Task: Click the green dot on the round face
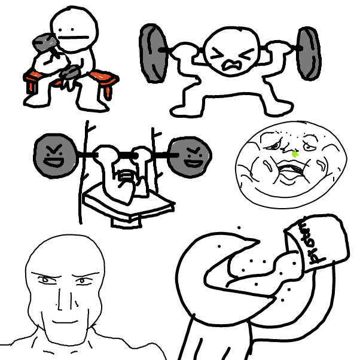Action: (x=295, y=154)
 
